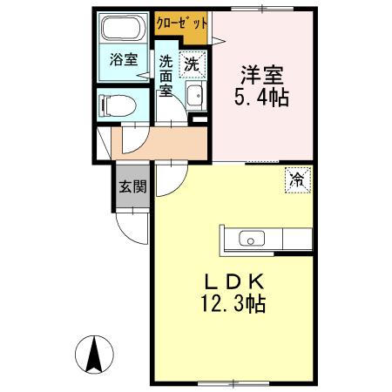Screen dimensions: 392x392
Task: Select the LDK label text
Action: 233,282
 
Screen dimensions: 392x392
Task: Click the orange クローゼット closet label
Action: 181,24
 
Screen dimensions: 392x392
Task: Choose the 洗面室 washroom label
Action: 166,76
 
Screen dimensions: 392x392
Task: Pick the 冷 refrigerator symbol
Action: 297,180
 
